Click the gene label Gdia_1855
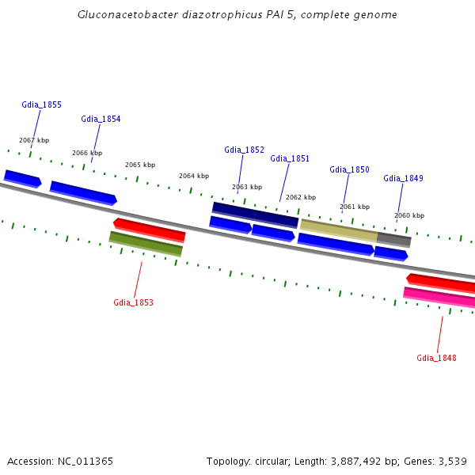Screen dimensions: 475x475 pyautogui.click(x=42, y=104)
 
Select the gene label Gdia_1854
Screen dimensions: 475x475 pyautogui.click(x=101, y=119)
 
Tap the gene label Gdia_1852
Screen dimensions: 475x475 pyautogui.click(x=244, y=150)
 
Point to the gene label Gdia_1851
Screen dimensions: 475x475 pyautogui.click(x=290, y=158)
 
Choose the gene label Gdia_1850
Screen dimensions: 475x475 pyautogui.click(x=349, y=169)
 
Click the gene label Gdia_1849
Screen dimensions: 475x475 pyautogui.click(x=403, y=178)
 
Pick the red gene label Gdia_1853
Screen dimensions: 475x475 pyautogui.click(x=133, y=302)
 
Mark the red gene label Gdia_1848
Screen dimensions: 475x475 pyautogui.click(x=436, y=358)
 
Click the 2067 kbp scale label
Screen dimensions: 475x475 pyautogui.click(x=33, y=140)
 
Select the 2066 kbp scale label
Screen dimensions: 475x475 pyautogui.click(x=87, y=153)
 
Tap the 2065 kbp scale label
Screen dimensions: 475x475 pyautogui.click(x=140, y=165)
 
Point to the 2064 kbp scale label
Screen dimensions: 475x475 pyautogui.click(x=194, y=176)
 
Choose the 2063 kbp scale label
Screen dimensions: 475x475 pyautogui.click(x=247, y=187)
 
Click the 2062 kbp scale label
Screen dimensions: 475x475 pyautogui.click(x=301, y=197)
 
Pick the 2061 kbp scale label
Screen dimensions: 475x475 pyautogui.click(x=355, y=207)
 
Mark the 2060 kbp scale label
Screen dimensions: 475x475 pyautogui.click(x=409, y=215)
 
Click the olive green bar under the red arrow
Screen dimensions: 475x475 pyautogui.click(x=146, y=244)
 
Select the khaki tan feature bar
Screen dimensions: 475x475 pyautogui.click(x=339, y=230)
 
